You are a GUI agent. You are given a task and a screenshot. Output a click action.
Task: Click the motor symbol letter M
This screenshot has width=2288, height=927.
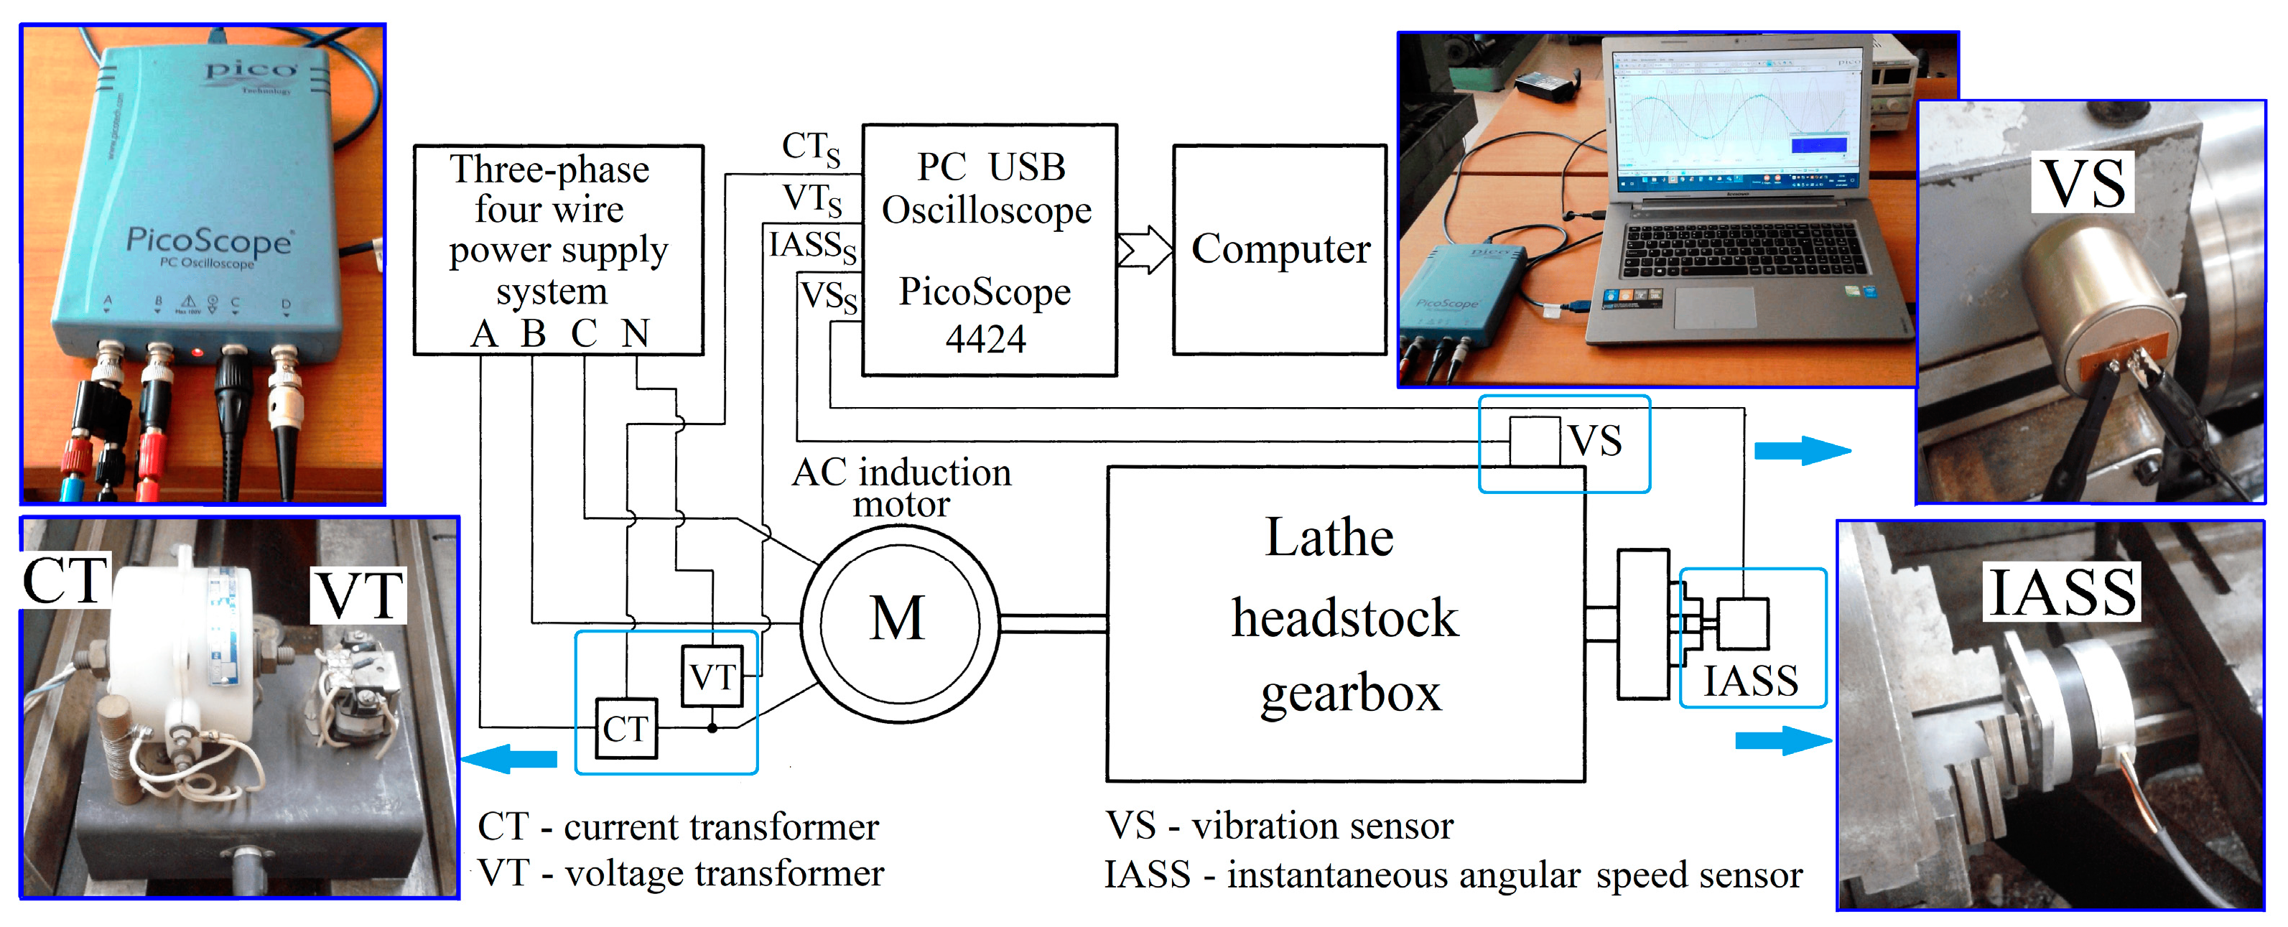click(x=897, y=618)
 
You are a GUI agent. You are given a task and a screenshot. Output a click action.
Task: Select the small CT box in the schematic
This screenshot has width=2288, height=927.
click(x=626, y=729)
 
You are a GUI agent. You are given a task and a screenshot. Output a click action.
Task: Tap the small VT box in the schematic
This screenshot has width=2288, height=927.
click(x=712, y=676)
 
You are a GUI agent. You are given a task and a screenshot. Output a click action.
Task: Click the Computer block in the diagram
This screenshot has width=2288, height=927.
click(x=1279, y=249)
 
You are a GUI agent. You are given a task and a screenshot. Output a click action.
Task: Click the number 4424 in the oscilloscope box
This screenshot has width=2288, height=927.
click(x=985, y=339)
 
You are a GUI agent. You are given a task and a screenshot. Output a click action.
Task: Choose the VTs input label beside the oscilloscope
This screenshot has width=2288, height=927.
click(x=812, y=199)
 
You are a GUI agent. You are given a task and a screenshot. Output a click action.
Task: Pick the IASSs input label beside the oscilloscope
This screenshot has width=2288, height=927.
click(x=812, y=246)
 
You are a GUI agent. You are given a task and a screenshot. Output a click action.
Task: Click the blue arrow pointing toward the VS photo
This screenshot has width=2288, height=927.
click(x=1801, y=450)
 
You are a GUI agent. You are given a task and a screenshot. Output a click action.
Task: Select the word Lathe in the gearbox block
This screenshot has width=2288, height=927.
click(x=1329, y=538)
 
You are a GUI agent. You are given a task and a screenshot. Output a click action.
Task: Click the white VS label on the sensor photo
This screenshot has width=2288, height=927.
click(x=2083, y=184)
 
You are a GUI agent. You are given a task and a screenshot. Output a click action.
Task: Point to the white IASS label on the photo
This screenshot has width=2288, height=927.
click(x=2062, y=592)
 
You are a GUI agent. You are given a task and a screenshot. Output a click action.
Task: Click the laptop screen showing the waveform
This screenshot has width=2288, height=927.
click(x=1736, y=116)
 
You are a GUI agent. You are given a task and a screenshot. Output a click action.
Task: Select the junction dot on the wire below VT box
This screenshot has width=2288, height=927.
click(x=712, y=728)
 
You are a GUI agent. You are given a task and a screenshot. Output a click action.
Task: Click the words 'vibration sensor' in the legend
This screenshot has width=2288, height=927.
click(x=1321, y=826)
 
